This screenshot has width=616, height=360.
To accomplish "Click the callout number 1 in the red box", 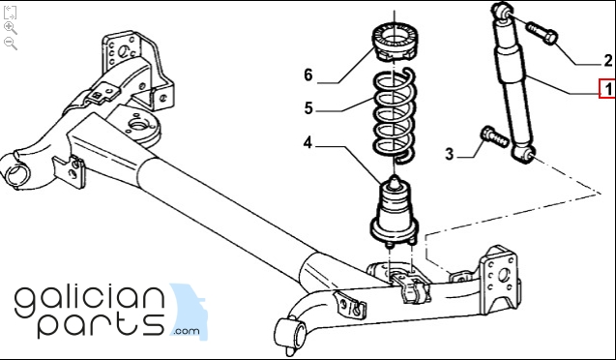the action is click(x=608, y=89).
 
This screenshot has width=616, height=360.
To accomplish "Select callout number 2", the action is click(x=608, y=61).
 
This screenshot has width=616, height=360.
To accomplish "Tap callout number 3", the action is click(x=450, y=154).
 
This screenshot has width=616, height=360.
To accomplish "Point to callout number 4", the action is click(x=308, y=142).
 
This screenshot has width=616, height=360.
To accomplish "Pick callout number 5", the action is click(x=308, y=108).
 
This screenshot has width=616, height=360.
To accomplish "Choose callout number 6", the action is click(x=308, y=75).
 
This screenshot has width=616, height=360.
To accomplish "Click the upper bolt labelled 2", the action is click(x=543, y=33).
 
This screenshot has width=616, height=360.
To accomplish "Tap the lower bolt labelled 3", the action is click(x=495, y=136).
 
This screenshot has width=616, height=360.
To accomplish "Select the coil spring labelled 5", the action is click(x=394, y=115).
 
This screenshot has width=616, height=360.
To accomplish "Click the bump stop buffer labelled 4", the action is click(x=395, y=212).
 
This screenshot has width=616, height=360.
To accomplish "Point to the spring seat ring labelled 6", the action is click(x=395, y=43).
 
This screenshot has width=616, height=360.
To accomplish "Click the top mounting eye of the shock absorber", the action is click(x=503, y=11).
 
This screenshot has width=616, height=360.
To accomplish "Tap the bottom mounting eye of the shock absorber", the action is click(x=524, y=154).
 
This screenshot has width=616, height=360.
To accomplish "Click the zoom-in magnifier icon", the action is click(x=11, y=28).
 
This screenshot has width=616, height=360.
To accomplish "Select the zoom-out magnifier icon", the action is click(x=11, y=44).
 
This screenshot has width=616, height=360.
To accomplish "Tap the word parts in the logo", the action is click(x=101, y=326).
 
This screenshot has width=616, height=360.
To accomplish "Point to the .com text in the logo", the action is click(x=187, y=331).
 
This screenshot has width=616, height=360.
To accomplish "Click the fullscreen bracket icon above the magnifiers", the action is click(x=10, y=13).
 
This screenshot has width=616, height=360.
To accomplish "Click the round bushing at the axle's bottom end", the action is click(x=291, y=333).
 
